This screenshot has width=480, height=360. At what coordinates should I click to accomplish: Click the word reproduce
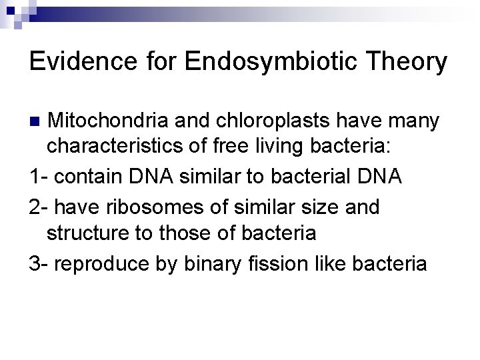coord(105,264)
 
